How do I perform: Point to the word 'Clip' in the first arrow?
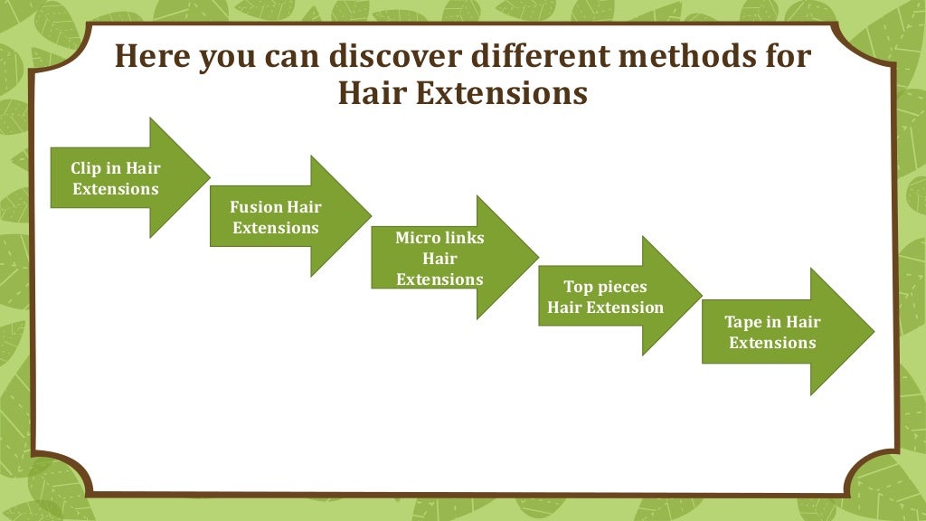(86, 168)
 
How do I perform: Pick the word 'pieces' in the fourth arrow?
(622, 287)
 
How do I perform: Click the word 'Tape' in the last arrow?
(743, 322)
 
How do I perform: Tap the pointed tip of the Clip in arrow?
(209, 178)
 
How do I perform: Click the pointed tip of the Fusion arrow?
(371, 216)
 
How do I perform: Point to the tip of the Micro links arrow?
(538, 258)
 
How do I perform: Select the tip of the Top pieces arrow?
(702, 296)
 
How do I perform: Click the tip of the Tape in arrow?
(874, 332)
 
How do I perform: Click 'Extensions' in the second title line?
(501, 93)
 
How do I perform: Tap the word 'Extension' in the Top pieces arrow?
(625, 308)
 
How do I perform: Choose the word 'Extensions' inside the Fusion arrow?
(276, 228)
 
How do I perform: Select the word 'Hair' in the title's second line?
(372, 93)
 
